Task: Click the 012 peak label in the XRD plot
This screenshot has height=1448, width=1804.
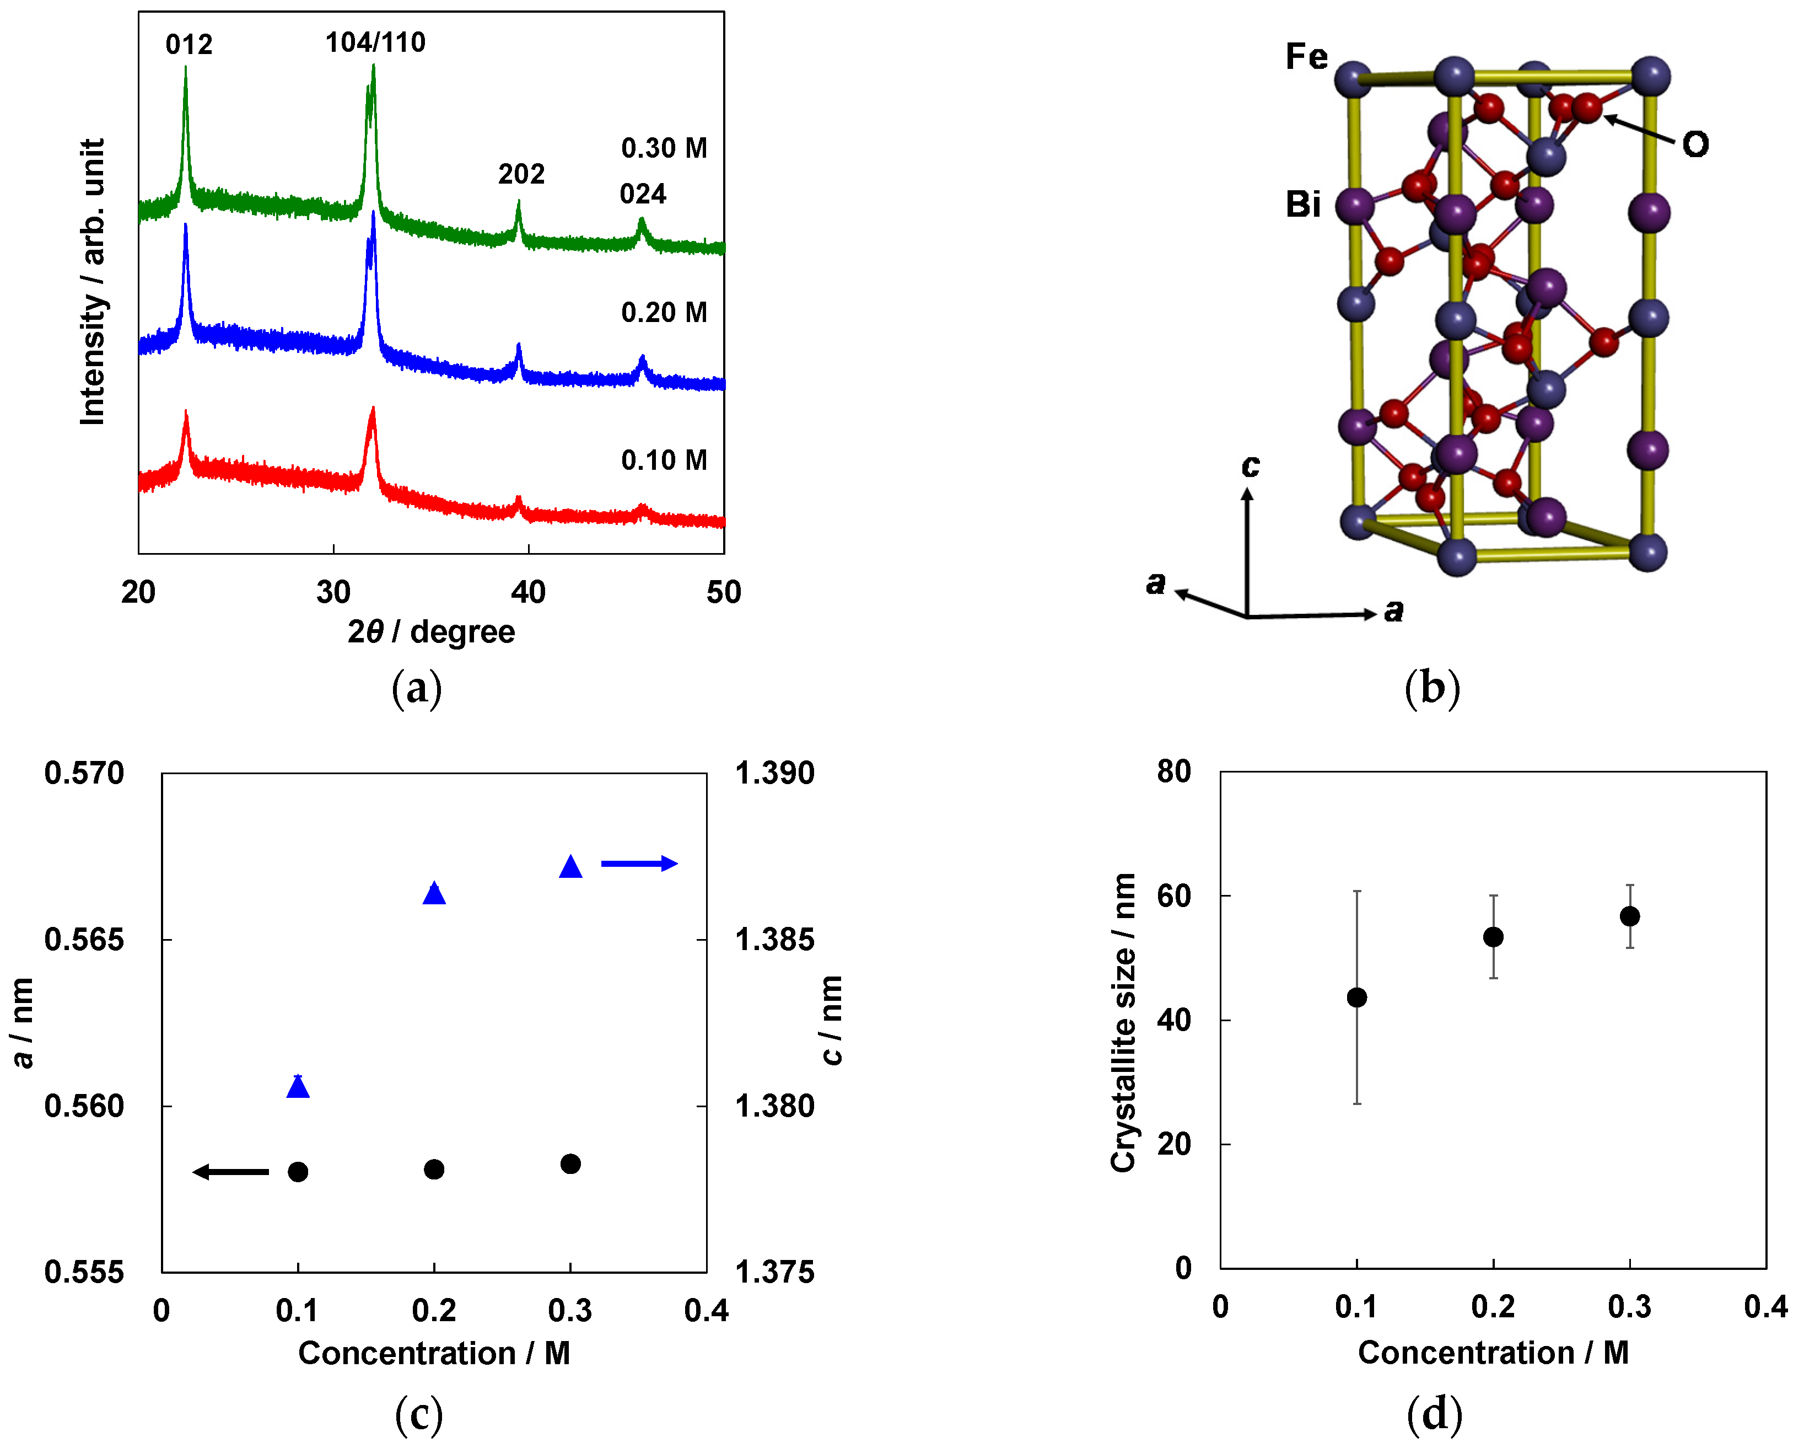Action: [x=189, y=44]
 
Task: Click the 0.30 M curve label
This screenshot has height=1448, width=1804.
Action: [x=664, y=148]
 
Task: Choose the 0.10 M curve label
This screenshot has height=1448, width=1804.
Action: [x=664, y=460]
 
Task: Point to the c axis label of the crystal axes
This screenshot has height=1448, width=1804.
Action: [x=1250, y=465]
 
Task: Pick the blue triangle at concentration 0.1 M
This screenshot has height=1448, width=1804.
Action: [x=298, y=1087]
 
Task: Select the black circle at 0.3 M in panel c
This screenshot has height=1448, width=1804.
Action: [x=570, y=1164]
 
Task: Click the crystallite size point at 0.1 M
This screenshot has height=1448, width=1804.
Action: [x=1356, y=997]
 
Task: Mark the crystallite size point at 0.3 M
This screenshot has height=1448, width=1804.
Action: [x=1629, y=916]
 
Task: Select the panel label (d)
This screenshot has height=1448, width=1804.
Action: [x=1434, y=1414]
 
